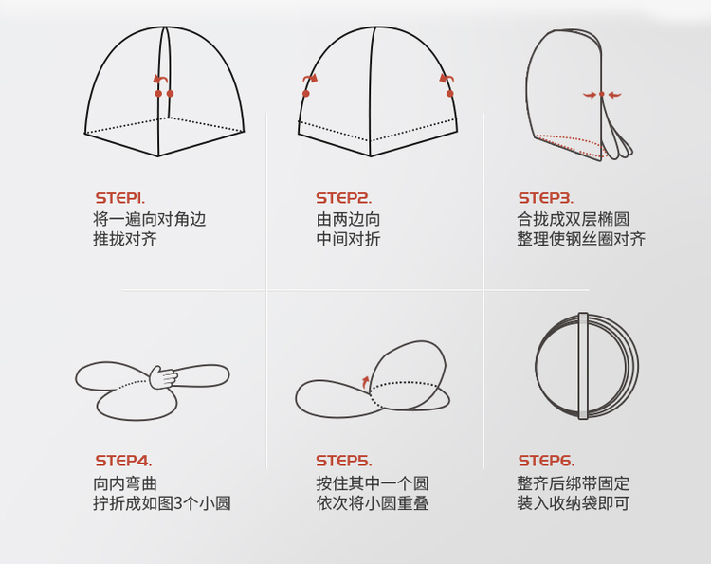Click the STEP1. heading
[120, 198]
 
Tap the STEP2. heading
[344, 198]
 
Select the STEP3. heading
[546, 198]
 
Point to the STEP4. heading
[123, 461]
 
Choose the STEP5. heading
[344, 461]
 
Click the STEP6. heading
[546, 461]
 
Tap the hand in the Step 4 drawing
[163, 377]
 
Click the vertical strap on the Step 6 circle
[583, 366]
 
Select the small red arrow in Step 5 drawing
[365, 383]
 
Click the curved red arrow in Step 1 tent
[160, 80]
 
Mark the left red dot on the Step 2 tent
[306, 94]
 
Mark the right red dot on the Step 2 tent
[449, 94]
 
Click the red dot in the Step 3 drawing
[602, 94]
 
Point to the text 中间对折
[348, 239]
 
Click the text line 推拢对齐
[125, 239]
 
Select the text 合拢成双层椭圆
[574, 219]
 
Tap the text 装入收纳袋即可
[574, 502]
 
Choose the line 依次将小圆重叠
[373, 502]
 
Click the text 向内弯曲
[125, 483]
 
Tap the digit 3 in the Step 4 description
[178, 503]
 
